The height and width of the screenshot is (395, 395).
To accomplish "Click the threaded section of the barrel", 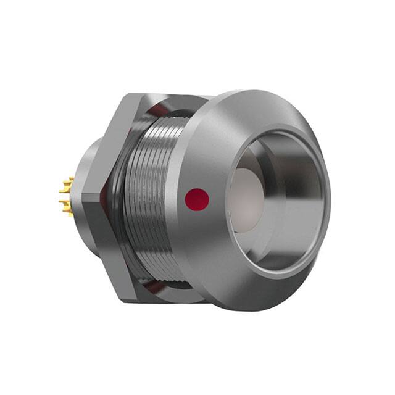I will (x=151, y=197).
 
